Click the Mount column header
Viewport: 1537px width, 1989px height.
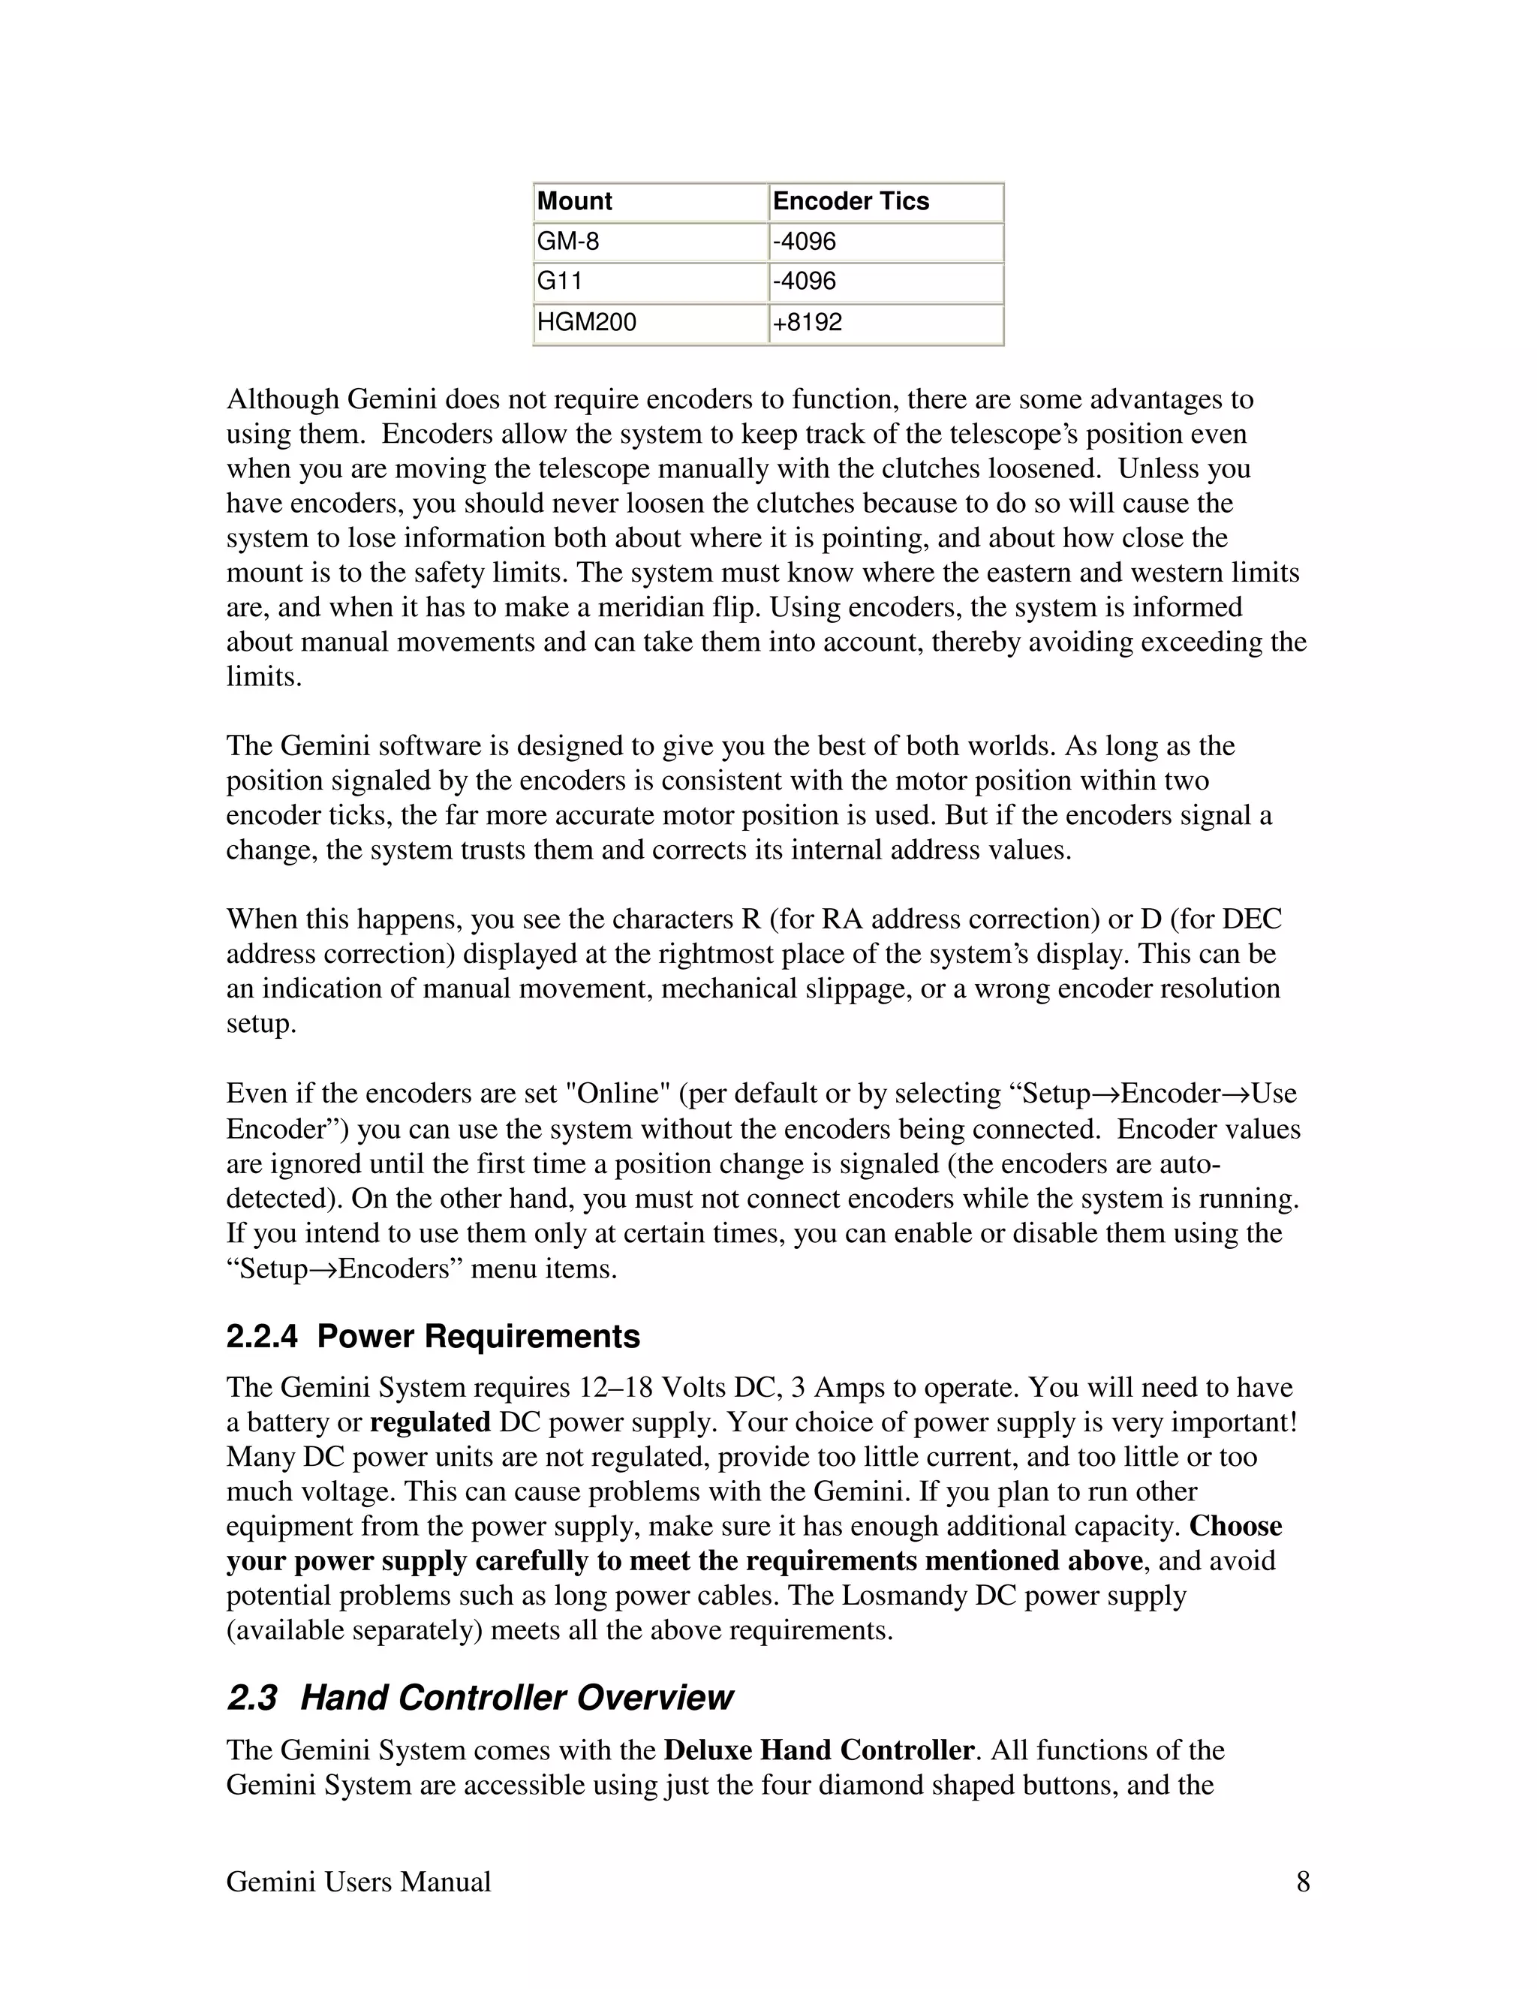click(575, 201)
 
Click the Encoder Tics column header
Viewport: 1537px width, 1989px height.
click(850, 201)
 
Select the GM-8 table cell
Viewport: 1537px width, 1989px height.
click(568, 242)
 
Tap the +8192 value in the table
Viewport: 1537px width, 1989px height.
click(807, 323)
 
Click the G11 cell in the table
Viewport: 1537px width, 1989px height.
click(559, 281)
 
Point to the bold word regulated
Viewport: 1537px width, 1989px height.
click(430, 1422)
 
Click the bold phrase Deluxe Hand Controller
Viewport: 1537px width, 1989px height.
click(819, 1750)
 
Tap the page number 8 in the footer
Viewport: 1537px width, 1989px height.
click(1303, 1882)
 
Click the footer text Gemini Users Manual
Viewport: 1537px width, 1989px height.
click(358, 1882)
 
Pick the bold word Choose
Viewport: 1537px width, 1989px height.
click(1235, 1527)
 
